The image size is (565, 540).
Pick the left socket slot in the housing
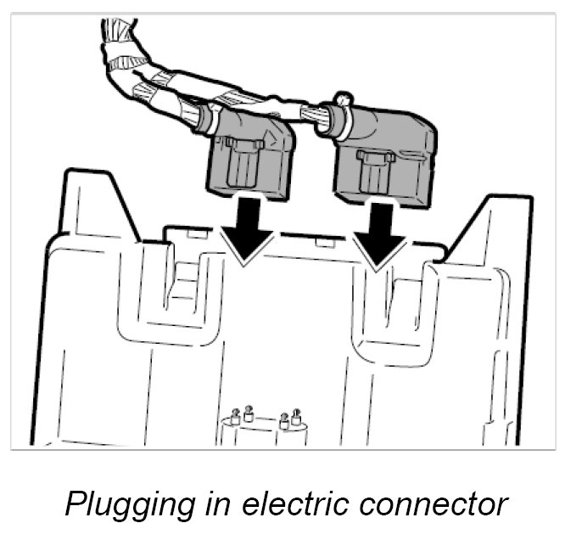180,280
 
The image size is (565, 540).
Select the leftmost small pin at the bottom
235,417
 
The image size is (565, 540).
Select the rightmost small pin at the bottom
297,416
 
